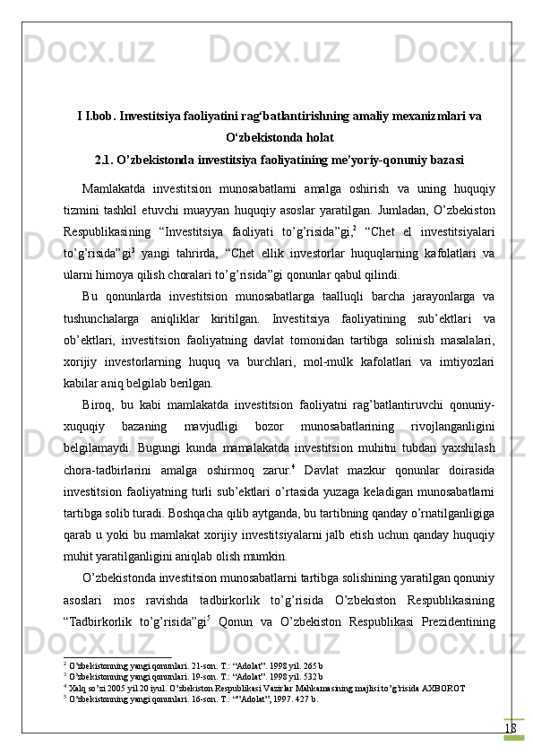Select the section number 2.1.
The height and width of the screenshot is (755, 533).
(x=107, y=161)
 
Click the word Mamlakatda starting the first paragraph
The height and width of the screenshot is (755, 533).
(x=114, y=189)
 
